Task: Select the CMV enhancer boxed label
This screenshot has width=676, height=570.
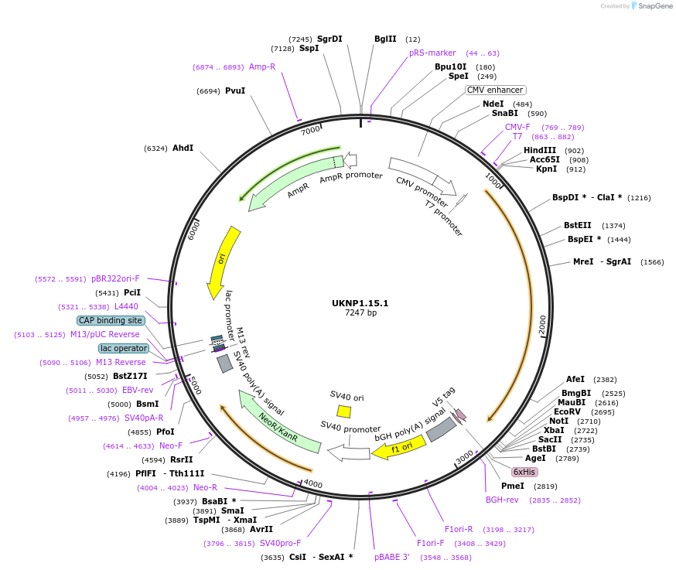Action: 495,90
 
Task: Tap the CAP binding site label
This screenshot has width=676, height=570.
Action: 111,320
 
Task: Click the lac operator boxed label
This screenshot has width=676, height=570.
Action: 124,348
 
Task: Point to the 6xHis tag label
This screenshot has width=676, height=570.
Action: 524,472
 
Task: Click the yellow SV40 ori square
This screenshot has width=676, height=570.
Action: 344,411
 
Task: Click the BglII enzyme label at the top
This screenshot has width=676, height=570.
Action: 385,39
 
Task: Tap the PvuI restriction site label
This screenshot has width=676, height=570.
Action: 235,90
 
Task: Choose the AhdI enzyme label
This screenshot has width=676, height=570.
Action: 183,148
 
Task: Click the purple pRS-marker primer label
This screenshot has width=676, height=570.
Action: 432,53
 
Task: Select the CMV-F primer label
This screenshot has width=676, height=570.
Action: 517,127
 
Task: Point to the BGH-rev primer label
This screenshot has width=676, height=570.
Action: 502,500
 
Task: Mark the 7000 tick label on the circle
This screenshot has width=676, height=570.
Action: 310,130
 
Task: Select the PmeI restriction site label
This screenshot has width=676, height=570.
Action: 513,486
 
